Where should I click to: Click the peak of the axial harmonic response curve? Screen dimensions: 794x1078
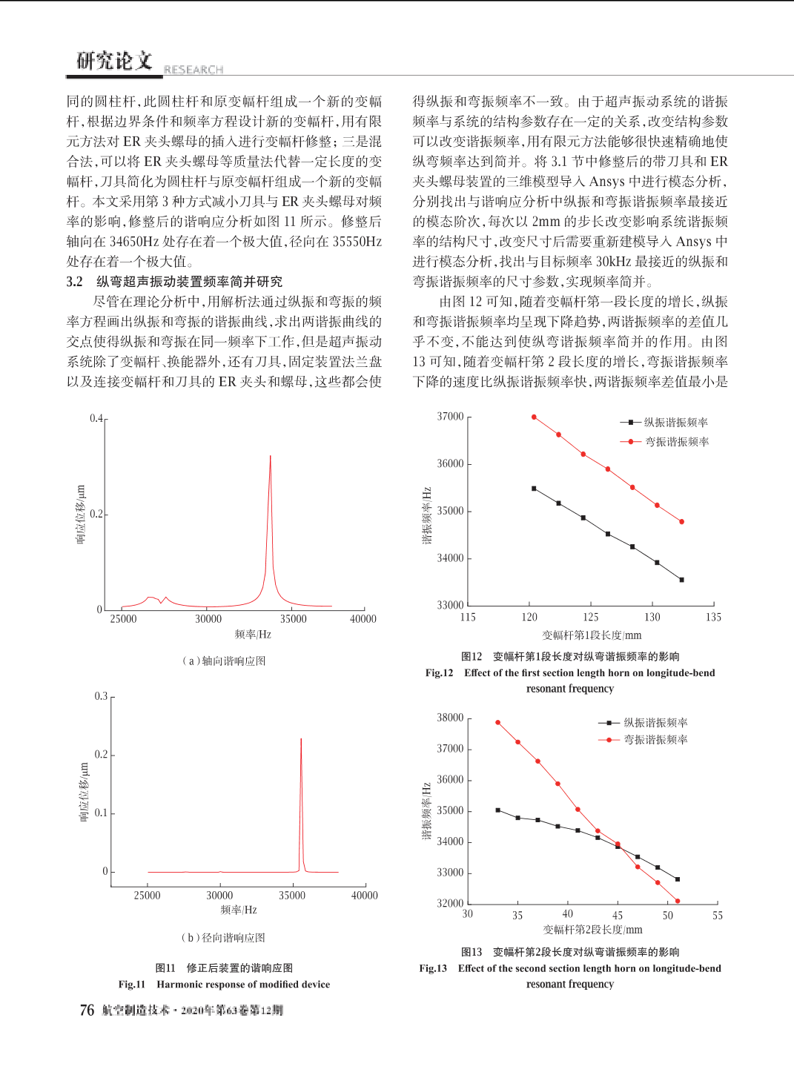point(270,456)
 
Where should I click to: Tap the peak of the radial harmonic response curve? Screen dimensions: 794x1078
point(301,738)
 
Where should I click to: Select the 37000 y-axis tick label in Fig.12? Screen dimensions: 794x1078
point(450,417)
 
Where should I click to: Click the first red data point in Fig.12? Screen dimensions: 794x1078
point(534,417)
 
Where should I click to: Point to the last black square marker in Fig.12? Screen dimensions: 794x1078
point(681,580)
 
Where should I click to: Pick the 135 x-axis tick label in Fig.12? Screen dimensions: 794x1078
point(713,617)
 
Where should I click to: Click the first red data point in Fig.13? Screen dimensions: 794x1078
point(498,722)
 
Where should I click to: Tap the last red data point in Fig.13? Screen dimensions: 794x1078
point(678,901)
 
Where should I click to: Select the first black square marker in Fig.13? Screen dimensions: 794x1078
point(498,810)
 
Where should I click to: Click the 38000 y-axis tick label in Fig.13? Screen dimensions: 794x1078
point(450,718)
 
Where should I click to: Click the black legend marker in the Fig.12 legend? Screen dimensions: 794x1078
point(630,423)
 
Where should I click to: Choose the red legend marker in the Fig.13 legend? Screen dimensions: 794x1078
point(609,740)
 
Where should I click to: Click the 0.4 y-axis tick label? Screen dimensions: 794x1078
point(96,418)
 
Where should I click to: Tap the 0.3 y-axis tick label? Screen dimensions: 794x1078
point(101,696)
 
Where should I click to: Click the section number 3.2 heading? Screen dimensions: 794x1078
point(75,282)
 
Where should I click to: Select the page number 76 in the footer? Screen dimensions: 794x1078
point(87,1010)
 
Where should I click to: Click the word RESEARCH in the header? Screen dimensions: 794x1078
point(193,70)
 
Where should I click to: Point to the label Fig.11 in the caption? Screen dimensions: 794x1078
point(132,985)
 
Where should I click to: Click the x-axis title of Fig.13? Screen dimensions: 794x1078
point(592,929)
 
